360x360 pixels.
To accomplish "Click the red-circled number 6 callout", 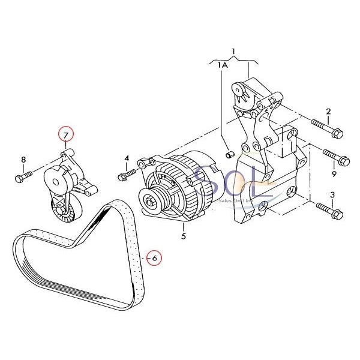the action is click(154, 257).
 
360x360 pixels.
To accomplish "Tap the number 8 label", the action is click(24, 160).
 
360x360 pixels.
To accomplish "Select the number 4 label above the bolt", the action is click(127, 158).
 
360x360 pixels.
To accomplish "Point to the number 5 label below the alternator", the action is click(184, 236).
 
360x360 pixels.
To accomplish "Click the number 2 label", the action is click(328, 112).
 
